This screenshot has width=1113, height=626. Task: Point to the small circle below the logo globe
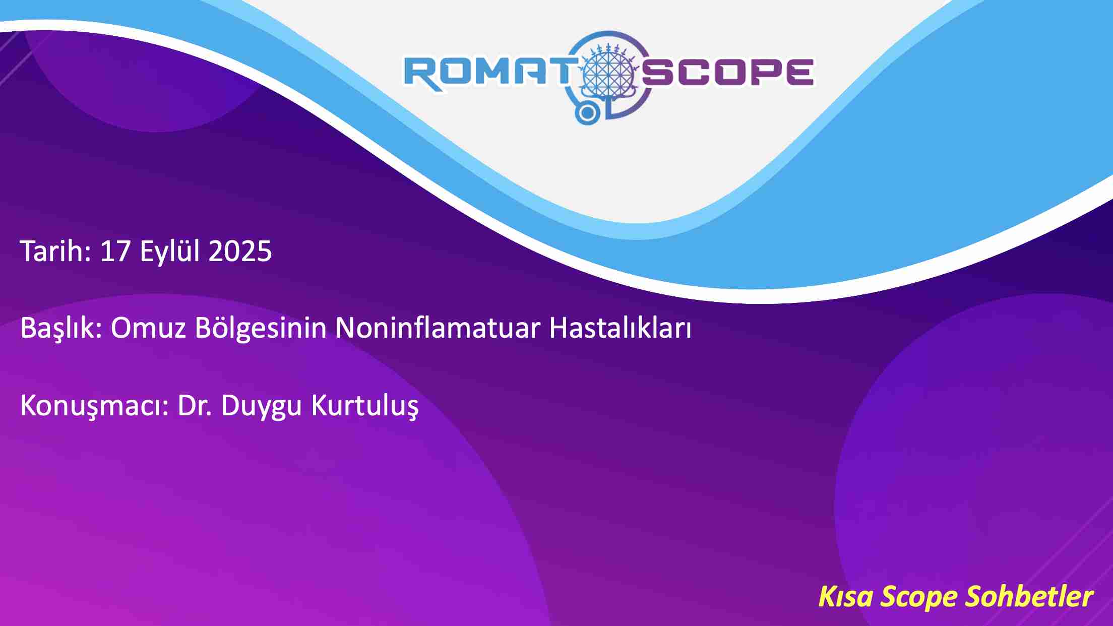click(x=587, y=114)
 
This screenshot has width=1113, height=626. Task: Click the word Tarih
click(x=55, y=251)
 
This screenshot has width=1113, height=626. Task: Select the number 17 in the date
click(x=115, y=251)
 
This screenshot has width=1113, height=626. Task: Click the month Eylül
click(x=170, y=252)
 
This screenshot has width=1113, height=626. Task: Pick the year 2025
click(x=240, y=251)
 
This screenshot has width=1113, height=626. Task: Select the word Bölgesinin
click(x=261, y=328)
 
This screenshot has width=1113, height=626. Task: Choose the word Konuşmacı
click(x=94, y=406)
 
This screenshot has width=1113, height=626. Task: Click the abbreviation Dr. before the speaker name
click(x=195, y=405)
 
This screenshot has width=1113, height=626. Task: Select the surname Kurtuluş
click(x=365, y=406)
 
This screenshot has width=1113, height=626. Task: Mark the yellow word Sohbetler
click(x=1029, y=596)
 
